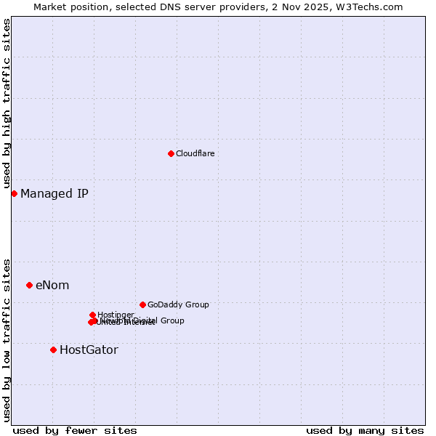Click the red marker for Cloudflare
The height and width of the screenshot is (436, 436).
tap(171, 153)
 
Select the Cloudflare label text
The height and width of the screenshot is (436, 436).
tap(195, 153)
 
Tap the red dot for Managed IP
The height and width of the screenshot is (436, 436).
tap(14, 193)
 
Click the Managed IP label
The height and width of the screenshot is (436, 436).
tap(54, 193)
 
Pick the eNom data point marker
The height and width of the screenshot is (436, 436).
tap(29, 285)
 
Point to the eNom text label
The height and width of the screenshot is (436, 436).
tap(52, 285)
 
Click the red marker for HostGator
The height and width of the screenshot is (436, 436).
tap(53, 350)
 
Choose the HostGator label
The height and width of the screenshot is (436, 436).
tap(89, 350)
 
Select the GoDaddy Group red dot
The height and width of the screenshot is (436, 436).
tap(142, 304)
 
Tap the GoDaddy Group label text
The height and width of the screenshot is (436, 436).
tap(178, 304)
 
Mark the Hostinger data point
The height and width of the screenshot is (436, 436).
tap(92, 315)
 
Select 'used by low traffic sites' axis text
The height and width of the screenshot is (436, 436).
tap(7, 339)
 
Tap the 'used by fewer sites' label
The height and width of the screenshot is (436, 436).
tap(75, 430)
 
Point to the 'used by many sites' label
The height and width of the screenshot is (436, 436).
tap(365, 430)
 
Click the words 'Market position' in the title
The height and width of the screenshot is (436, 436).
tap(67, 7)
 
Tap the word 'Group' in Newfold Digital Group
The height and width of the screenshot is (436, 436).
tap(172, 320)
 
